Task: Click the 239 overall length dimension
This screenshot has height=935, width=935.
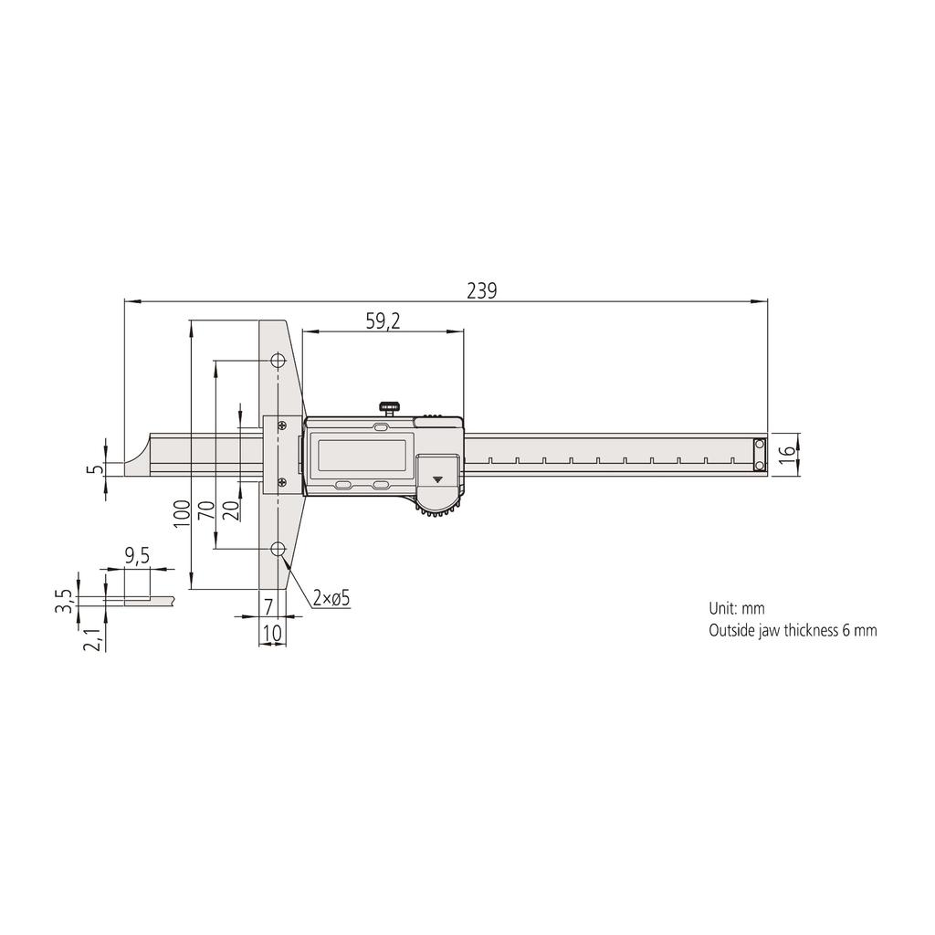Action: [481, 291]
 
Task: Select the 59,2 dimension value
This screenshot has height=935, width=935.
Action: [384, 320]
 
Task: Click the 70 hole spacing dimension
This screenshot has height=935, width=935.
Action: [207, 510]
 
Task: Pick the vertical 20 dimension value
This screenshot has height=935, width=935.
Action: [230, 510]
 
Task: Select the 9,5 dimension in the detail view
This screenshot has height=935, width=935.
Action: [137, 554]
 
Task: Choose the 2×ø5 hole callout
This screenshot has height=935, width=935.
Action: [331, 598]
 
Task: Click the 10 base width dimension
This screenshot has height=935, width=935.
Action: [271, 631]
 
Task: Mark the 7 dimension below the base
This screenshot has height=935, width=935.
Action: [268, 605]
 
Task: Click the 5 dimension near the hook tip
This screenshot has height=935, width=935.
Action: [92, 469]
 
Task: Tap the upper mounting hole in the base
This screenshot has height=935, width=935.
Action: [276, 362]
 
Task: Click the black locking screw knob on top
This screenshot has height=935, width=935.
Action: [391, 404]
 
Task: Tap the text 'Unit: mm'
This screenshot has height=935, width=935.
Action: [736, 608]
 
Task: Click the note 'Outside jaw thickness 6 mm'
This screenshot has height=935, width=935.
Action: [792, 630]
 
